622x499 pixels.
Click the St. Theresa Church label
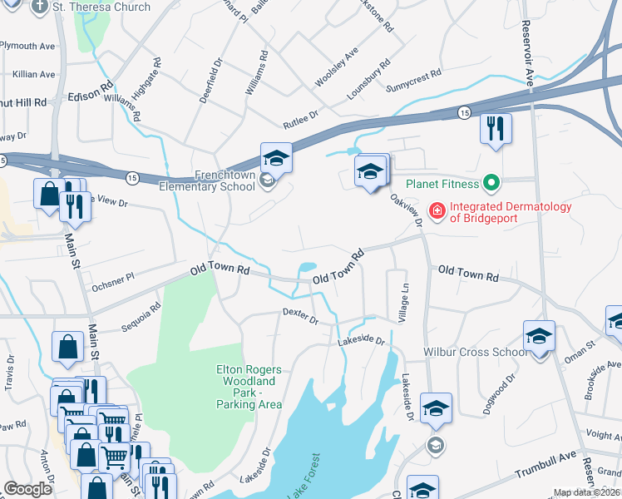[102, 7]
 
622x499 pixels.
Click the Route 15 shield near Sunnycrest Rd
[463, 111]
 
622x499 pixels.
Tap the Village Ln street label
[404, 304]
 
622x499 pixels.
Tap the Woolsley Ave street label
[337, 67]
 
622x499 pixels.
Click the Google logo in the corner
[27, 488]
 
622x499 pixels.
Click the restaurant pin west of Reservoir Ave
[495, 129]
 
